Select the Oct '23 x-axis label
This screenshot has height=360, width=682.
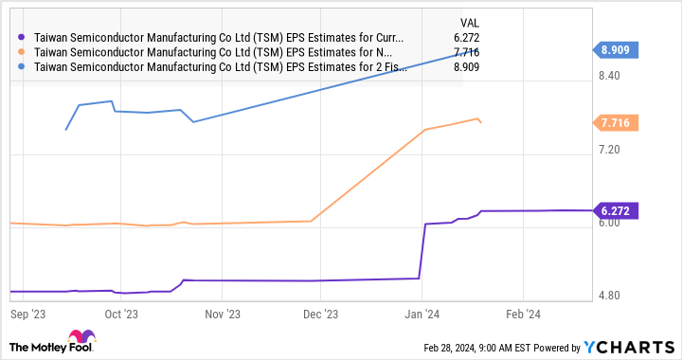coord(121,312)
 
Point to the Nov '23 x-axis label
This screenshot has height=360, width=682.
coord(221,312)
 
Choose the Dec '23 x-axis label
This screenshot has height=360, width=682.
coord(319,312)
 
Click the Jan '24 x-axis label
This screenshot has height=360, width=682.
coord(421,312)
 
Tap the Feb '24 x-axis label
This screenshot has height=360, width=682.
coord(522,312)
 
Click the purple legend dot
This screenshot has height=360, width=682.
coord(21,39)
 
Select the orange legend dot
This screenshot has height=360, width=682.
coord(21,54)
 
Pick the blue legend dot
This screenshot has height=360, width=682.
coord(21,68)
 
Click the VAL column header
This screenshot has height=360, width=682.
coord(442,21)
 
